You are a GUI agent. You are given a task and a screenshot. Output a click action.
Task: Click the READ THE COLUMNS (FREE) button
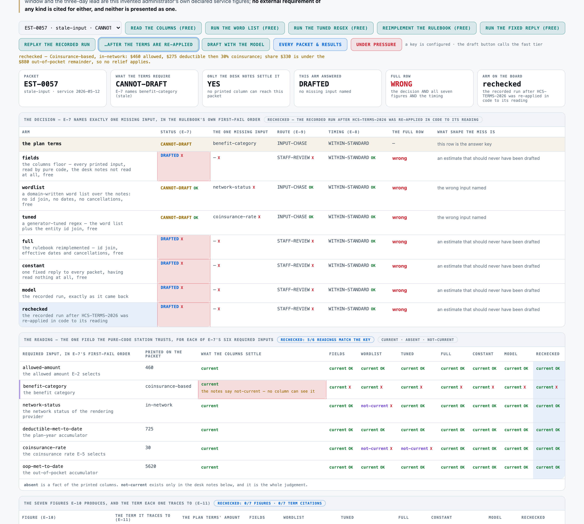pyautogui.click(x=163, y=28)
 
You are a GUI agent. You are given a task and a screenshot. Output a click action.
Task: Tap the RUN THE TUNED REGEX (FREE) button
pyautogui.click(x=331, y=28)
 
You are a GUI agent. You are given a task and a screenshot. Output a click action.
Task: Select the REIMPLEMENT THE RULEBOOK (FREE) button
pyautogui.click(x=426, y=28)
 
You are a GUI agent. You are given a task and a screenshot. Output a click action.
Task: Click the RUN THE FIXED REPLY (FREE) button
pyautogui.click(x=522, y=28)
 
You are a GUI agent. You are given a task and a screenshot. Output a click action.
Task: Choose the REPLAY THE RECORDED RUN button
pyautogui.click(x=57, y=44)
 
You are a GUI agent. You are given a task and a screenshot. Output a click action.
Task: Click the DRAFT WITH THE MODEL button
pyautogui.click(x=235, y=44)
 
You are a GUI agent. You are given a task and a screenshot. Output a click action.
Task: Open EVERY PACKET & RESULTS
pyautogui.click(x=310, y=44)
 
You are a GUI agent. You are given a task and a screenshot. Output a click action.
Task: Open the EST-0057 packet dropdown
pyautogui.click(x=70, y=28)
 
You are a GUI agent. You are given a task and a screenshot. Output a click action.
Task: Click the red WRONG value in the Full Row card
pyautogui.click(x=401, y=84)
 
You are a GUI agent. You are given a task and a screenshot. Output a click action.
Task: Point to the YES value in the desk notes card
pyautogui.click(x=214, y=84)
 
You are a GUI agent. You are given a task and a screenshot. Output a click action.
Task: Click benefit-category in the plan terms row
pyautogui.click(x=234, y=143)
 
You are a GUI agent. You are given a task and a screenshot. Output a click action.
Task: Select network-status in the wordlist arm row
pyautogui.click(x=232, y=187)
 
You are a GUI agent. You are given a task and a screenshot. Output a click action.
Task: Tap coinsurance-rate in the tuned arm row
pyautogui.click(x=234, y=217)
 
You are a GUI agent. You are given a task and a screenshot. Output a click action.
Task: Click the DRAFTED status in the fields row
pyautogui.click(x=170, y=156)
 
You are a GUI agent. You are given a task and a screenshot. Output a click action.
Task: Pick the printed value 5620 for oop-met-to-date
pyautogui.click(x=151, y=466)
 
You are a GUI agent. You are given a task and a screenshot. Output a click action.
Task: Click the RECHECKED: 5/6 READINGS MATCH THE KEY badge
pyautogui.click(x=325, y=340)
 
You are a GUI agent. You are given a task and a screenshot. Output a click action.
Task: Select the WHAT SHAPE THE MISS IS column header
pyautogui.click(x=466, y=132)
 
